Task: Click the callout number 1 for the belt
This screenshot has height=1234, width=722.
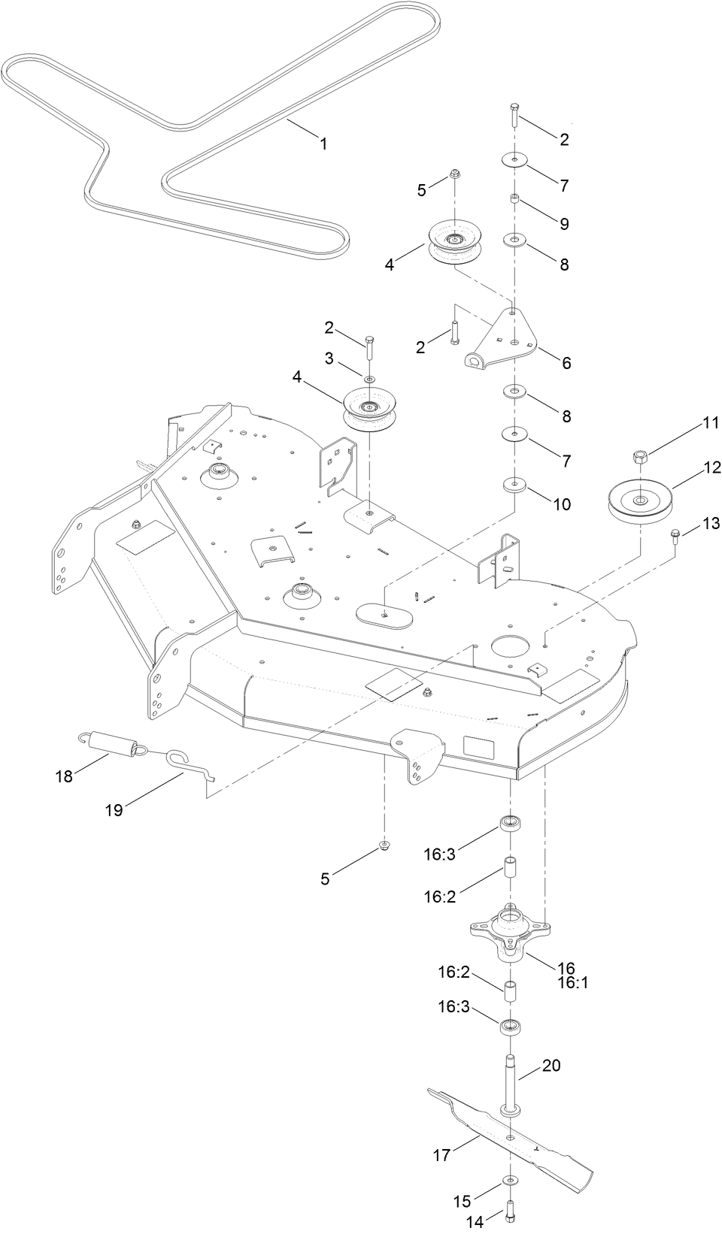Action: pos(324,144)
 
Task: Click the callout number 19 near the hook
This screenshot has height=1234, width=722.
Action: pos(114,809)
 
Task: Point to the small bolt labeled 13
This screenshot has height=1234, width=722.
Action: pos(674,536)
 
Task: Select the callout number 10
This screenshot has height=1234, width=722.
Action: pos(562,504)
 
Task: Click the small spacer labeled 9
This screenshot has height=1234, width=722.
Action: pos(514,198)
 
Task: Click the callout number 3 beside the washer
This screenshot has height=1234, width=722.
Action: pos(329,359)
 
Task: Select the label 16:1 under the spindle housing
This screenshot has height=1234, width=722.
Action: pos(572,982)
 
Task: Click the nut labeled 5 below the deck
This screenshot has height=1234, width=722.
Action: pos(385,845)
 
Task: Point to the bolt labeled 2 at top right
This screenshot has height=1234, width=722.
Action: pos(514,115)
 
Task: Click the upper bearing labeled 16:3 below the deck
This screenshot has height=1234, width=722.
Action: pos(513,822)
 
